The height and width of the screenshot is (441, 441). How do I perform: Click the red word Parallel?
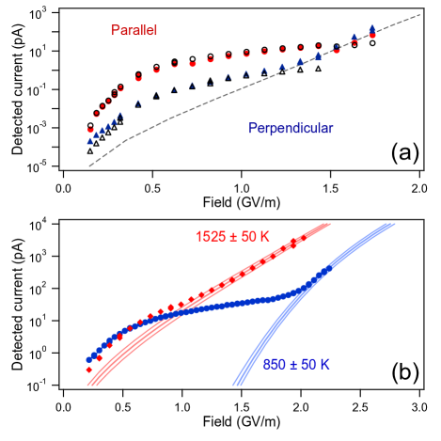pos(134,31)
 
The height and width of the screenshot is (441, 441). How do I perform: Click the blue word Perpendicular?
pos(291,128)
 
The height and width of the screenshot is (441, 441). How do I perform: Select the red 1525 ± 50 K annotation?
pos(232,236)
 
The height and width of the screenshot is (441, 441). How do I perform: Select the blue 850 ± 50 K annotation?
pos(296,365)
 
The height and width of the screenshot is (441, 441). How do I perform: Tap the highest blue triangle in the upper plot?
pos(373,28)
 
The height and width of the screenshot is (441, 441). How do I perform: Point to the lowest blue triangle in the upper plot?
pos(90,141)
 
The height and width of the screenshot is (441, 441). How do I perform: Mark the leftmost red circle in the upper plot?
pos(91,130)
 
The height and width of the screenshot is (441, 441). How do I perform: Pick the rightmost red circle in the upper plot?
pos(373,36)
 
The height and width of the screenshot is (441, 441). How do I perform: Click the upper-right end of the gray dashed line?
pos(417,14)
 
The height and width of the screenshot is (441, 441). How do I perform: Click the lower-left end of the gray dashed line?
pos(89,166)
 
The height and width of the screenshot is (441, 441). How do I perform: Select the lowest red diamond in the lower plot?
pos(89,370)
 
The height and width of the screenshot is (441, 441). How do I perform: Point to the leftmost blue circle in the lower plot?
pos(89,359)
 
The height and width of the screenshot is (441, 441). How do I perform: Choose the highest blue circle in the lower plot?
pos(329,269)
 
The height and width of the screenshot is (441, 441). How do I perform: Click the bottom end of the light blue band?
pos(235,385)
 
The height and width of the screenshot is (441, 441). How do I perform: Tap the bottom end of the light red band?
pos(91,385)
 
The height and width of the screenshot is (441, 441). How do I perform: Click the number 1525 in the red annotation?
pos(211,236)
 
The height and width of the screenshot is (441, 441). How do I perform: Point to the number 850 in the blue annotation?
pos(274,365)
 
